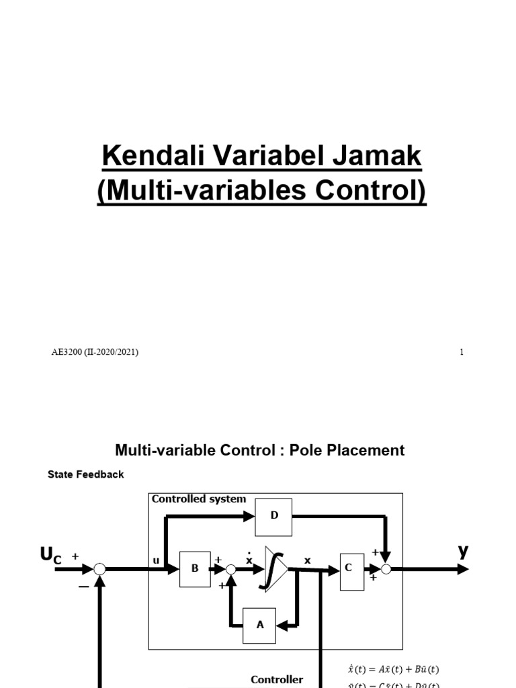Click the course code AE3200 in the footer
pos(67,352)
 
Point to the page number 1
pos(462,352)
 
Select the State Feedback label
pos(86,474)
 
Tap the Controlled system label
pos(199,499)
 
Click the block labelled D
pos(273,517)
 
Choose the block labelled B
pos(195,568)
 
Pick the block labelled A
pos(259,625)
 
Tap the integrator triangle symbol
pos(275,569)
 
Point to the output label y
pos(463,551)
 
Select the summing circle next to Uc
pos(99,570)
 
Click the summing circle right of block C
pos(386,570)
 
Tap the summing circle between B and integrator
pos(230,570)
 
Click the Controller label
pos(277,679)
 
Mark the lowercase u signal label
pos(156,560)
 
